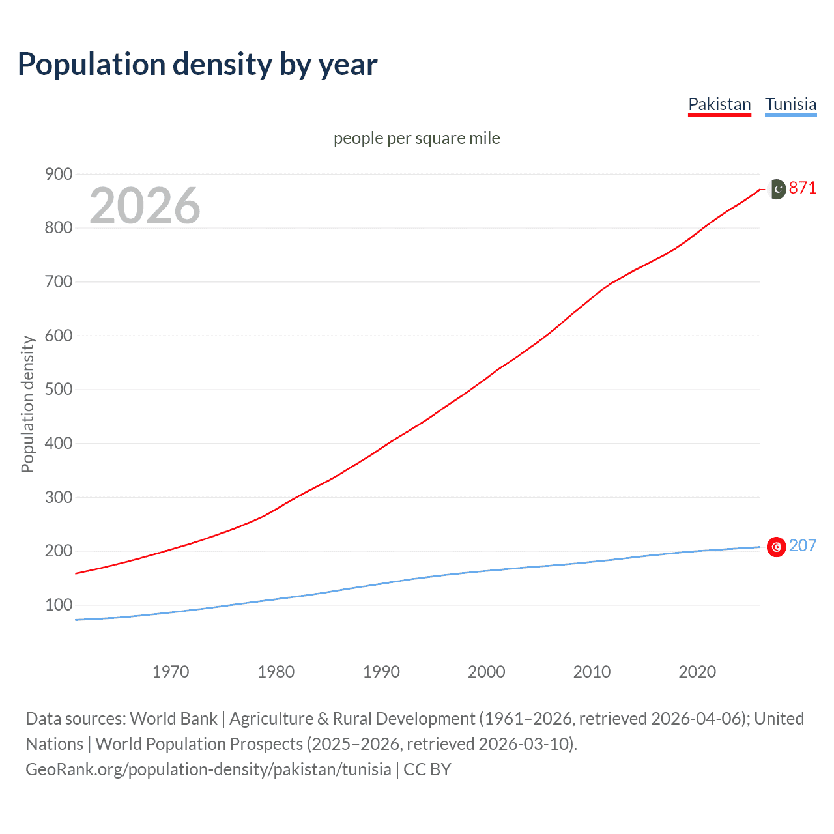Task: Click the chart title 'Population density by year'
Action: pyautogui.click(x=197, y=64)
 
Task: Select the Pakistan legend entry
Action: pyautogui.click(x=719, y=104)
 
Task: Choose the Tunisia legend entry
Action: pyautogui.click(x=790, y=104)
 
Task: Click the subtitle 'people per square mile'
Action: pyautogui.click(x=416, y=138)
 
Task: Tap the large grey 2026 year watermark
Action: pyautogui.click(x=145, y=206)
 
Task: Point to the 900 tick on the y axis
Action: pyautogui.click(x=58, y=174)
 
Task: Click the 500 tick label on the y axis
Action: pyautogui.click(x=58, y=390)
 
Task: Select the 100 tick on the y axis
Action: pyautogui.click(x=58, y=605)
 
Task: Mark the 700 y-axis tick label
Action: pyautogui.click(x=58, y=282)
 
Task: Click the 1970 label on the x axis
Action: pyautogui.click(x=171, y=672)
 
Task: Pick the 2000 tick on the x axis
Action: pyautogui.click(x=486, y=672)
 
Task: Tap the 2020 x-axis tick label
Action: pyautogui.click(x=697, y=672)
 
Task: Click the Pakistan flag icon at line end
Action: pyautogui.click(x=777, y=189)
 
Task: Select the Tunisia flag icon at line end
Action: pyautogui.click(x=777, y=547)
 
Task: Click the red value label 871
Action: pyautogui.click(x=803, y=188)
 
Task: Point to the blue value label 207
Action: pyautogui.click(x=803, y=545)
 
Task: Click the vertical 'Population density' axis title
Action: pyautogui.click(x=27, y=404)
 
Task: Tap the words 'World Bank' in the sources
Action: pyautogui.click(x=173, y=718)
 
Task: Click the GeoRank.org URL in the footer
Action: pyautogui.click(x=208, y=769)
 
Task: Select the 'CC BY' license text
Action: pyautogui.click(x=427, y=769)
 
